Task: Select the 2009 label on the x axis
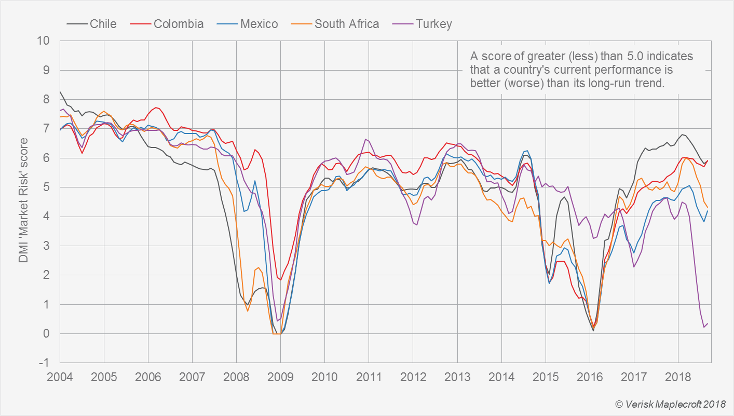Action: click(280, 375)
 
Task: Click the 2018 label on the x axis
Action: click(678, 375)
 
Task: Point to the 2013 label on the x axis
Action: click(457, 375)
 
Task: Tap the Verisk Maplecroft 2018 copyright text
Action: click(670, 404)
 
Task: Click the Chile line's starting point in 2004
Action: click(60, 91)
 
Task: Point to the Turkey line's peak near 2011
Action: click(366, 139)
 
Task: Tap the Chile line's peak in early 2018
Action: click(682, 135)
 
